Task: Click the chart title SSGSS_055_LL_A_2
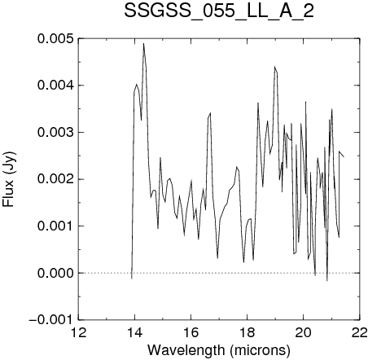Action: (219, 11)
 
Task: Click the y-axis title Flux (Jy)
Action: (9, 179)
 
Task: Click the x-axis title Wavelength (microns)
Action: (219, 350)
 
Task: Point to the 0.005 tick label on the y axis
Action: (55, 38)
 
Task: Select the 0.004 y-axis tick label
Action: (55, 86)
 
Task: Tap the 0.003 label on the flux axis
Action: (55, 133)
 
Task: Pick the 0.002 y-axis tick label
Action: (55, 179)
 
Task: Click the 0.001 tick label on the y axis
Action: (55, 226)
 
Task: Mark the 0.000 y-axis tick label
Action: (55, 273)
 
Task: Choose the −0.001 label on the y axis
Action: (51, 320)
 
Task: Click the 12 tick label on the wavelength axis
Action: (79, 332)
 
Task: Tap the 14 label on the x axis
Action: (135, 332)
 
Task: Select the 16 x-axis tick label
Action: (191, 332)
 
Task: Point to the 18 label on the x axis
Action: (248, 332)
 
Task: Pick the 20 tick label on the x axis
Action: (304, 332)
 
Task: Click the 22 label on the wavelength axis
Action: (360, 332)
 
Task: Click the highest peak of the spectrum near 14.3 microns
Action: (143, 43)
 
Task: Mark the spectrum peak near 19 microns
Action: (274, 67)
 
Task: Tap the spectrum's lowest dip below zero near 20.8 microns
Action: (327, 280)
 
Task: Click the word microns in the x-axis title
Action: (260, 350)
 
